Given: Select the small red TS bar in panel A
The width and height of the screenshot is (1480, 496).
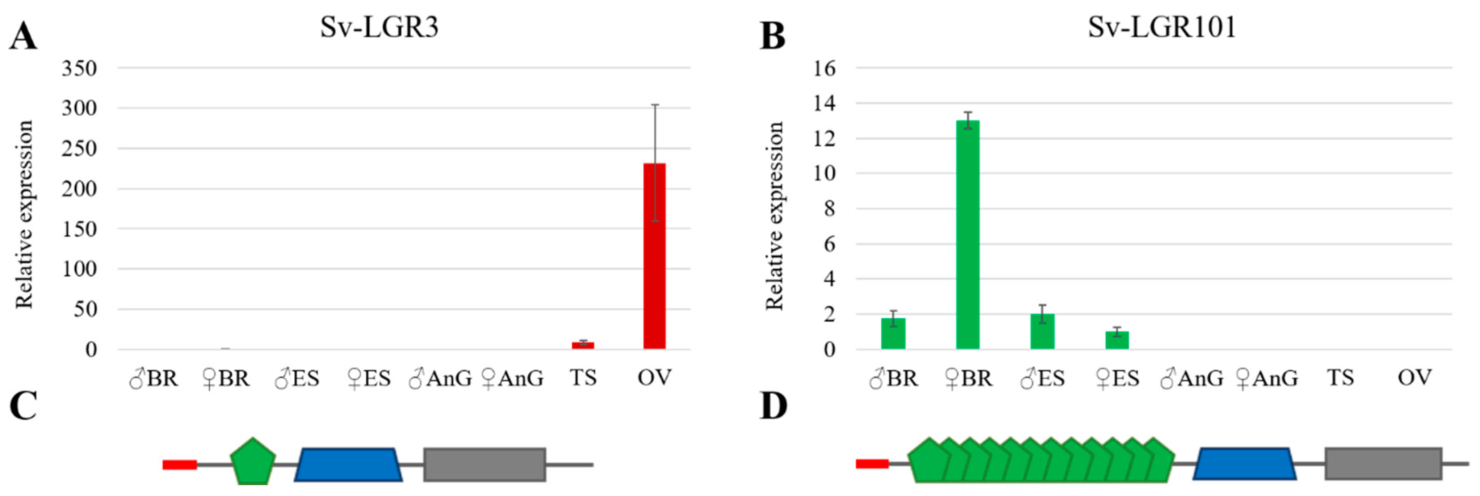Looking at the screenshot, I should [583, 345].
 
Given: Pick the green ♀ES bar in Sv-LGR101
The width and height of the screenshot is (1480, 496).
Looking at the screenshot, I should [1117, 340].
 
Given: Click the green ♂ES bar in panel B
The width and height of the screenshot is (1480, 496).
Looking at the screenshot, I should [1042, 332].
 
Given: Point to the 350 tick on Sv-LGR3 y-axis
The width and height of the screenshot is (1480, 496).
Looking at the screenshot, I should [79, 68].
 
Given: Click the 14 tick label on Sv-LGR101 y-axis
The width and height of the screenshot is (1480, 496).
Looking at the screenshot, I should [824, 103].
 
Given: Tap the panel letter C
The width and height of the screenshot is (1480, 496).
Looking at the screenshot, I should [23, 406].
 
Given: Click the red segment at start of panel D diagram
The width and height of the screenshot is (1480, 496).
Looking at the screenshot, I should [872, 464].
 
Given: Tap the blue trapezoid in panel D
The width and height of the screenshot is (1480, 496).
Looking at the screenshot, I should [1245, 463].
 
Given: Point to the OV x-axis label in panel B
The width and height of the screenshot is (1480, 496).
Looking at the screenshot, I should [1415, 378].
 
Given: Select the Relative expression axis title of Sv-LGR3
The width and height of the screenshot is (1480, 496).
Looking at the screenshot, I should [24, 214].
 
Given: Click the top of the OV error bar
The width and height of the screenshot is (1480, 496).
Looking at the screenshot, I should [654, 105].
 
